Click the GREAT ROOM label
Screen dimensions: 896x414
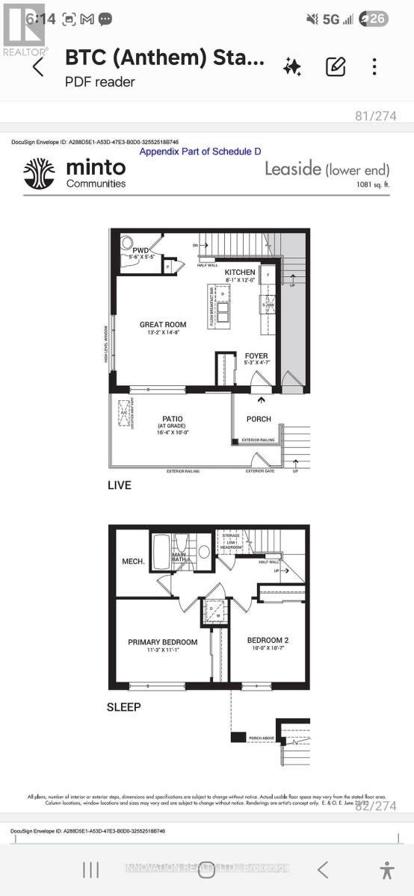pos(163,325)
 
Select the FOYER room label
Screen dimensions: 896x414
pos(256,356)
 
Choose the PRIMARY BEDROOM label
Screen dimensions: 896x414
pos(162,642)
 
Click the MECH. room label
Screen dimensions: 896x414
pos(133,561)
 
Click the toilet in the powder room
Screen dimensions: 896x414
pos(128,243)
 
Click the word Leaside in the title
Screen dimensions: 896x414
pos(293,169)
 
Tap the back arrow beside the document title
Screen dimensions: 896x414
pos(38,67)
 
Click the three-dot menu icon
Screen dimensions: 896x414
pos(374,67)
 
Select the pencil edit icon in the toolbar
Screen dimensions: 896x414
pos(336,67)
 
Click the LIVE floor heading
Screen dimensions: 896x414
pos(119,485)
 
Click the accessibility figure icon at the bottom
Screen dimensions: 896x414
pos(386,869)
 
